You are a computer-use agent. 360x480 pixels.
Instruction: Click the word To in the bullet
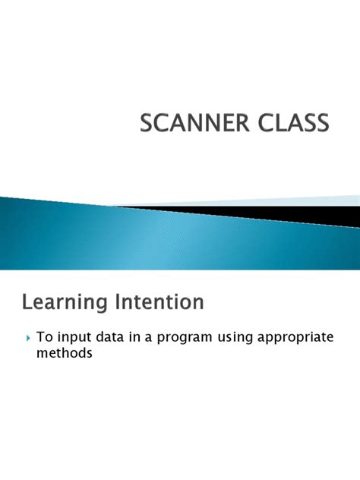click(x=44, y=336)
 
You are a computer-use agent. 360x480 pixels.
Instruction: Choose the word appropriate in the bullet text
click(x=305, y=337)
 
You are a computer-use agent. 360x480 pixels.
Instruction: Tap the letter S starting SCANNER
click(x=146, y=123)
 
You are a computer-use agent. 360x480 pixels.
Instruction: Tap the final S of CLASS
click(x=324, y=123)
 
